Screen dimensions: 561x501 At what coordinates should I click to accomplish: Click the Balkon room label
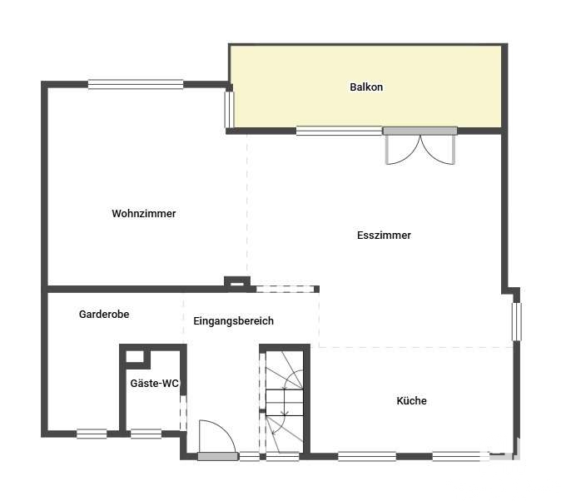(x=366, y=87)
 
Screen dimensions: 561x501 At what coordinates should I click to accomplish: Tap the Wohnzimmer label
(x=144, y=214)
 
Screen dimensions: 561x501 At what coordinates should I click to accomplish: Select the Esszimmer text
(x=384, y=236)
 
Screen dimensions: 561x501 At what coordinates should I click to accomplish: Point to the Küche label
(x=411, y=400)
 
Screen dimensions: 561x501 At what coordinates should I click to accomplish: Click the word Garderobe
(x=104, y=315)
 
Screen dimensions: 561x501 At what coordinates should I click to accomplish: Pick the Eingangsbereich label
(x=234, y=321)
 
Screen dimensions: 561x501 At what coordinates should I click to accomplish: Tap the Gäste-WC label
(x=154, y=384)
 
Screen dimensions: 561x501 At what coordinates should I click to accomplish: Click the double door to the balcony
(x=420, y=146)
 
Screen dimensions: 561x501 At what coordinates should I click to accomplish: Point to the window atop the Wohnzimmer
(x=136, y=84)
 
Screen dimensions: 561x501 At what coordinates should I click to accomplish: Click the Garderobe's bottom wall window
(x=92, y=434)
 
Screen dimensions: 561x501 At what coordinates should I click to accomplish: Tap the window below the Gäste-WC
(x=146, y=434)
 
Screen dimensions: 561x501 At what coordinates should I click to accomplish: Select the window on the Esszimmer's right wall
(x=516, y=322)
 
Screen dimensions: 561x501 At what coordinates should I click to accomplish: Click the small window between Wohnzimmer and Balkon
(x=229, y=110)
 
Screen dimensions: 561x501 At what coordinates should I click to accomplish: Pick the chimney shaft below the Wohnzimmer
(x=237, y=283)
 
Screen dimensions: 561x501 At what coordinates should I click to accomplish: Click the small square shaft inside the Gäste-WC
(x=135, y=357)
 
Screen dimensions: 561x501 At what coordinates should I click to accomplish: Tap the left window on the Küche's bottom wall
(x=367, y=457)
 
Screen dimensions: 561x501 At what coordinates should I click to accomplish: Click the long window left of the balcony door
(x=340, y=131)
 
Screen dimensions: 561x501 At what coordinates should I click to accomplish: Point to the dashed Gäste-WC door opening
(x=183, y=413)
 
